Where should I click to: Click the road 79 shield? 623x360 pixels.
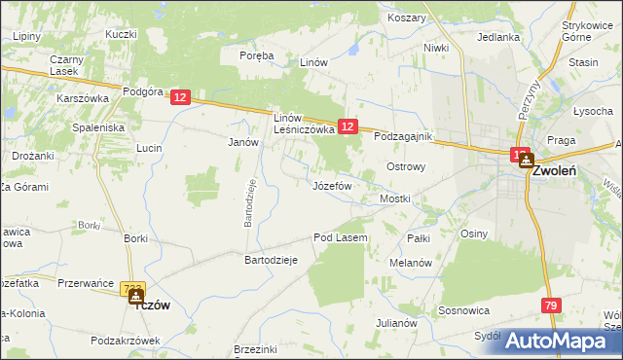coord(551,306)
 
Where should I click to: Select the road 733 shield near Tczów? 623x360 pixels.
coord(131,289)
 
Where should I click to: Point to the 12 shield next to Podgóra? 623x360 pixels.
coord(179,97)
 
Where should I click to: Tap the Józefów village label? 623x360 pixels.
coord(332,185)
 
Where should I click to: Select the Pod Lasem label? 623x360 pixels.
coord(340,237)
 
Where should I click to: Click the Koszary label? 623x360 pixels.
coord(407,18)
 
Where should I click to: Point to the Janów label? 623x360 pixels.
coord(241,141)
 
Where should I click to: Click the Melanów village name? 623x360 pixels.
coord(410,263)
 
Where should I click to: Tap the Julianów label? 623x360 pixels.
coord(398,322)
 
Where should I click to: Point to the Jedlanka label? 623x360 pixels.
coord(497,37)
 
